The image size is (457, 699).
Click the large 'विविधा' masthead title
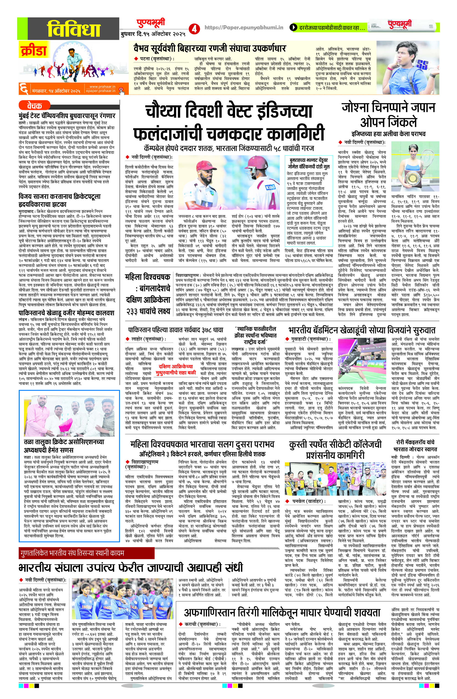(x=74, y=29)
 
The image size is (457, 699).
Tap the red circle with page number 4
(x=194, y=28)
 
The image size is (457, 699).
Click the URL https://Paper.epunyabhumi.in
(x=244, y=27)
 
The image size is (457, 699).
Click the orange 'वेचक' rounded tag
(x=34, y=105)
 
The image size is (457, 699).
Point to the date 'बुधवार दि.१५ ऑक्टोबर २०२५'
(x=153, y=34)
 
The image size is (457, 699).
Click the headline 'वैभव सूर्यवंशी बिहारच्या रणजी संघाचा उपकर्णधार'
(x=209, y=48)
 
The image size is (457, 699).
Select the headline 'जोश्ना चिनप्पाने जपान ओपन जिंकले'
(x=388, y=114)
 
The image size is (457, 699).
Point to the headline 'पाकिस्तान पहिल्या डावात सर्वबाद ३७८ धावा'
(x=175, y=330)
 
